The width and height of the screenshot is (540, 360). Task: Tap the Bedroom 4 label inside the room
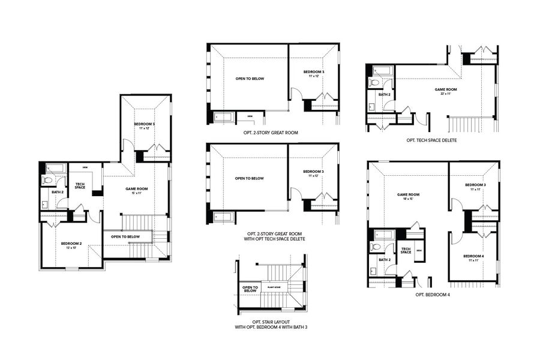click(474, 256)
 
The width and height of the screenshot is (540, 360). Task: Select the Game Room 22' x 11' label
click(444, 89)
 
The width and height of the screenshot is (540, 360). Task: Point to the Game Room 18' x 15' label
click(408, 195)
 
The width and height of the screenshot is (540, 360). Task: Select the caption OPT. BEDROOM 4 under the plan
click(433, 295)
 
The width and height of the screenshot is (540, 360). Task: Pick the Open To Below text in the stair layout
click(250, 289)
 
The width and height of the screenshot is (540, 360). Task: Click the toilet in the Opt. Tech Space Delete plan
click(373, 83)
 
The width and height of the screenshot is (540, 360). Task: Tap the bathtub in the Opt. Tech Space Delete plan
click(380, 71)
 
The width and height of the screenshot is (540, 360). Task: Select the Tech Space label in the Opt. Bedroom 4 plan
click(406, 250)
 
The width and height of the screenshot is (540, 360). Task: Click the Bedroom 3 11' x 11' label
click(474, 186)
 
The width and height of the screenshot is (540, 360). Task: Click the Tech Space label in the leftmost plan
click(80, 186)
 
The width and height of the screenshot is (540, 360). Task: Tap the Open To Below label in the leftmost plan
click(125, 236)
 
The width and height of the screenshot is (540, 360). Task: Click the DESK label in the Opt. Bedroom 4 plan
click(419, 250)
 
